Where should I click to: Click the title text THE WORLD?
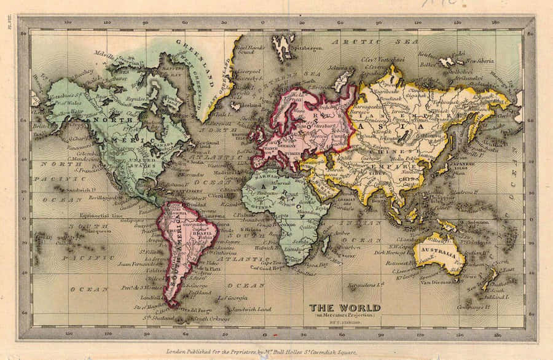[344, 307]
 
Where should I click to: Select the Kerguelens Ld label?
[366, 285]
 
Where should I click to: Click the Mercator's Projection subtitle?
[345, 315]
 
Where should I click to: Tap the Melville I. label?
[105, 53]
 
